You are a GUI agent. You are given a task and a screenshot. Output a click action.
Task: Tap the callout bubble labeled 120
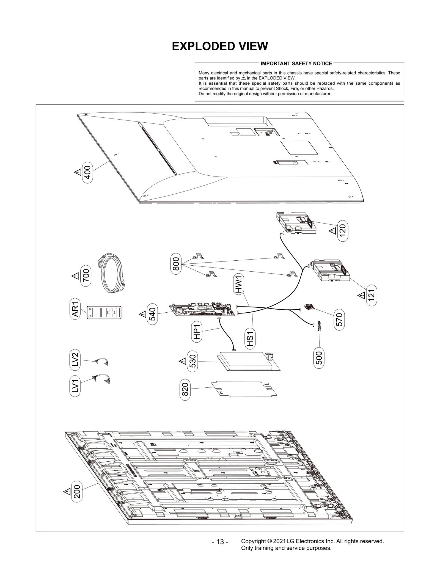342,231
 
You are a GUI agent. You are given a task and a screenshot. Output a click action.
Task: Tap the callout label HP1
196,332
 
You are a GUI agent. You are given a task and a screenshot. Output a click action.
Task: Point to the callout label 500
319,358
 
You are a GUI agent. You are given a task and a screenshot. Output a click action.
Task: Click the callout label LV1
75,386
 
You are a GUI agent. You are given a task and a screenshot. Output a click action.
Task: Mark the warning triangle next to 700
75,276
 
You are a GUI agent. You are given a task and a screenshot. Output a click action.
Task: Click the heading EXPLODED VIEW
220,46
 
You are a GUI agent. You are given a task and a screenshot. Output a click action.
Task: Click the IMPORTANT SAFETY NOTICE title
296,64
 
